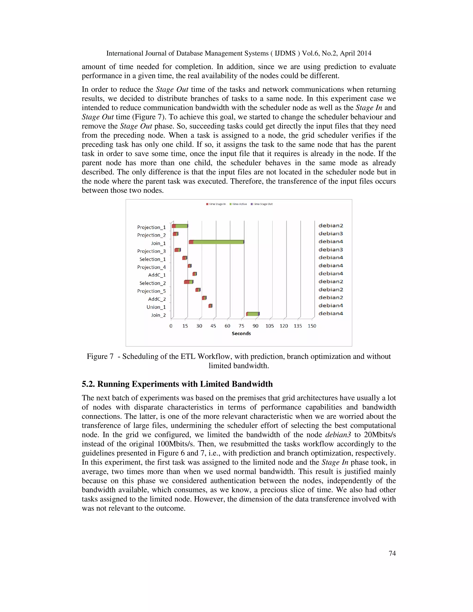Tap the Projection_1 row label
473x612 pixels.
click(x=151, y=227)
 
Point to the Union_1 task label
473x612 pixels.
click(x=156, y=307)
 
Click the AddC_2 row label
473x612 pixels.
click(x=157, y=299)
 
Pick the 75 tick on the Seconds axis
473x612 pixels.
click(x=241, y=326)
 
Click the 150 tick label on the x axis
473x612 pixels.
click(x=312, y=326)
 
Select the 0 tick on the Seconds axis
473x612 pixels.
click(x=171, y=326)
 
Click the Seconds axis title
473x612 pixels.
click(x=241, y=333)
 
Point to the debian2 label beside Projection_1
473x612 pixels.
click(x=331, y=226)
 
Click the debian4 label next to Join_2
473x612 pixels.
click(x=331, y=314)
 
